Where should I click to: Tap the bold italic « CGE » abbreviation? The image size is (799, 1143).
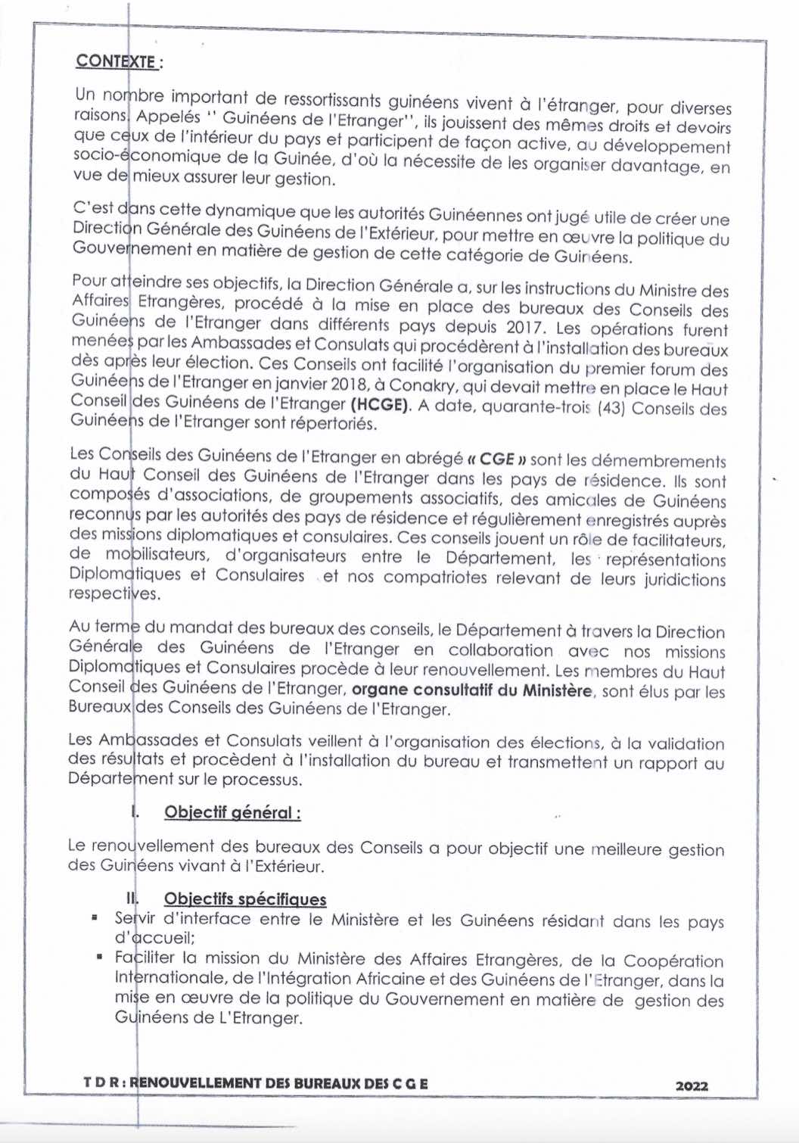pyautogui.click(x=496, y=459)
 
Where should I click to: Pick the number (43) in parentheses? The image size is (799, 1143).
pyautogui.click(x=611, y=408)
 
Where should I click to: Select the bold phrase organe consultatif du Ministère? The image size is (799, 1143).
pyautogui.click(x=472, y=690)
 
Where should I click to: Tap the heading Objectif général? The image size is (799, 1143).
pyautogui.click(x=232, y=813)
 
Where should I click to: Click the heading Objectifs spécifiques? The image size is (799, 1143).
pyautogui.click(x=245, y=899)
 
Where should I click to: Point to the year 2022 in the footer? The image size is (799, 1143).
pyautogui.click(x=692, y=1085)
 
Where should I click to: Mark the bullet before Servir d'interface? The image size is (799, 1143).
pyautogui.click(x=95, y=918)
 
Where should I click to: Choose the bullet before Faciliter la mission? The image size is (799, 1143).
pyautogui.click(x=100, y=957)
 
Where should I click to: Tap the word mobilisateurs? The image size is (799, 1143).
pyautogui.click(x=157, y=556)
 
